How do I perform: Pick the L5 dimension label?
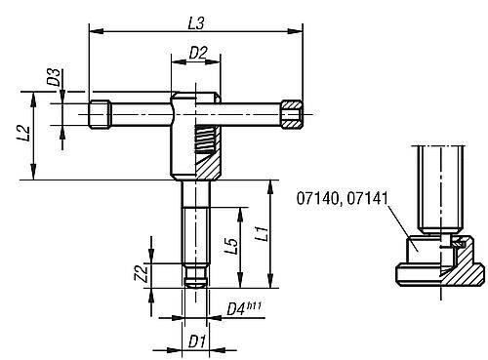[231, 246]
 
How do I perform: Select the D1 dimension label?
[196, 343]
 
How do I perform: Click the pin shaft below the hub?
[195, 229]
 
